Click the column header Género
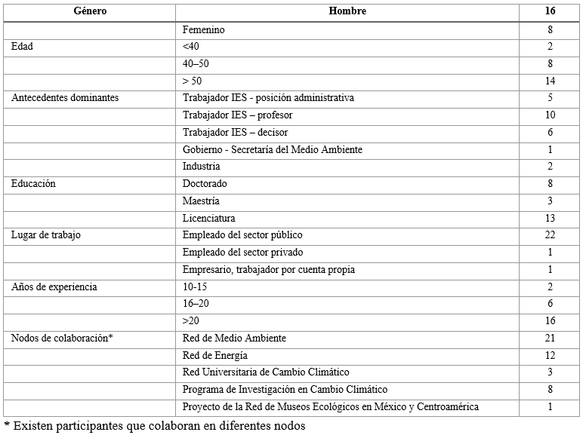point(89,12)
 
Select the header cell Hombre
point(347,12)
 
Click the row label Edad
point(23,47)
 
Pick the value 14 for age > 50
point(550,81)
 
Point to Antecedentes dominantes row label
point(65,98)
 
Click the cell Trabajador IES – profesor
point(238,115)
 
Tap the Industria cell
point(202,167)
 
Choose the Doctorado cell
point(205,184)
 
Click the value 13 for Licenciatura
point(550,218)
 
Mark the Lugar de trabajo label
point(46,235)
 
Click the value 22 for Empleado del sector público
point(550,235)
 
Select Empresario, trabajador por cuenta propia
point(279,270)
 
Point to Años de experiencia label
point(54,287)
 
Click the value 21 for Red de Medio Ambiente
point(550,338)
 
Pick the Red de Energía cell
point(215,355)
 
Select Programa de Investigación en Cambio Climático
point(285,390)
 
